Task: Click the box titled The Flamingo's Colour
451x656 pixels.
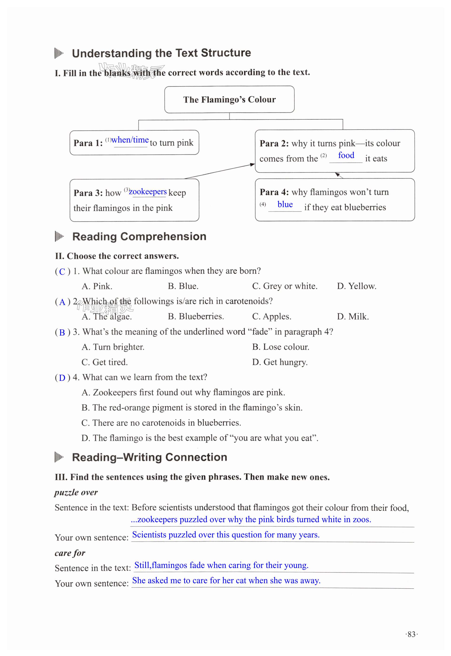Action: (229, 100)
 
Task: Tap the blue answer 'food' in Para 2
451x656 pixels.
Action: (346, 155)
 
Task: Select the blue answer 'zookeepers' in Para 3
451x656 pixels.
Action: (148, 192)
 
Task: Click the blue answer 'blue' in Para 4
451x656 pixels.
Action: (285, 205)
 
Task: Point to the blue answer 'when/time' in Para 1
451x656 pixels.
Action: (130, 140)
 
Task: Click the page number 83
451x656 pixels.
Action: (411, 634)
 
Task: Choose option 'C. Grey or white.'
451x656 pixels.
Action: (285, 286)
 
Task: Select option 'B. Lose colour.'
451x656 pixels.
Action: (281, 347)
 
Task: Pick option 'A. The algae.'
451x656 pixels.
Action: (107, 317)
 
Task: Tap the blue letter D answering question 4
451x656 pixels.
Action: (62, 378)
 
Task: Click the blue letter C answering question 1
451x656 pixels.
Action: (62, 272)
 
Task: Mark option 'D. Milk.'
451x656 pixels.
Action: (353, 317)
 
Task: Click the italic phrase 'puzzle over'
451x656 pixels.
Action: (76, 493)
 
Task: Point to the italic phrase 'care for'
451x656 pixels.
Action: (70, 553)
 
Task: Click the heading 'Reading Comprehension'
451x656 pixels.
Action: (139, 237)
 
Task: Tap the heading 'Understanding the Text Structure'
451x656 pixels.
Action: (161, 53)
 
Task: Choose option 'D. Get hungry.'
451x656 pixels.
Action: (280, 362)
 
